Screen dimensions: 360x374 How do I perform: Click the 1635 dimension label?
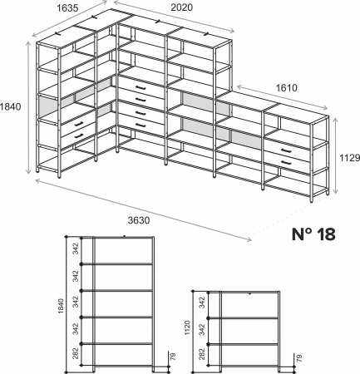67,8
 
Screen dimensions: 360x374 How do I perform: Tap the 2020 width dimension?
181,7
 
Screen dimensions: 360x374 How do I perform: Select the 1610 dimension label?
287,88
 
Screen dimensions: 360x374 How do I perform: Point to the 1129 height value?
350,158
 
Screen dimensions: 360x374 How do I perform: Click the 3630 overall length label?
139,220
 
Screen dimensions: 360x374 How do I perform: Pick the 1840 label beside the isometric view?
11,106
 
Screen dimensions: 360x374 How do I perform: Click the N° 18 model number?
313,234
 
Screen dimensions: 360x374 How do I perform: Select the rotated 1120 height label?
187,327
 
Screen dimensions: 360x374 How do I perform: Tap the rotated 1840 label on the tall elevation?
61,306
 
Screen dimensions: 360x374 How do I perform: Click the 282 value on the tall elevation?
76,353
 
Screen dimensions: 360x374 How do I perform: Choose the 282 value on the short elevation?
202,354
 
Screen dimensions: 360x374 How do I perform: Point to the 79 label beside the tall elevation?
173,357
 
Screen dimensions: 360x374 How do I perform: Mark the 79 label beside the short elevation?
298,358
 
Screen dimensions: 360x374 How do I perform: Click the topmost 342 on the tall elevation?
76,249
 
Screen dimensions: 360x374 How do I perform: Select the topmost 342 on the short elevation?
202,303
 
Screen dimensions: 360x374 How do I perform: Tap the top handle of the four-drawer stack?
141,88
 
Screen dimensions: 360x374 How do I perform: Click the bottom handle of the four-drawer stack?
141,125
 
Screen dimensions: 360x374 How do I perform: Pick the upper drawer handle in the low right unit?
286,150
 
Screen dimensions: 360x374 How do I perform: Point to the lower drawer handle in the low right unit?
286,162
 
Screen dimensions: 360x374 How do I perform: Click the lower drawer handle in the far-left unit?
79,136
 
